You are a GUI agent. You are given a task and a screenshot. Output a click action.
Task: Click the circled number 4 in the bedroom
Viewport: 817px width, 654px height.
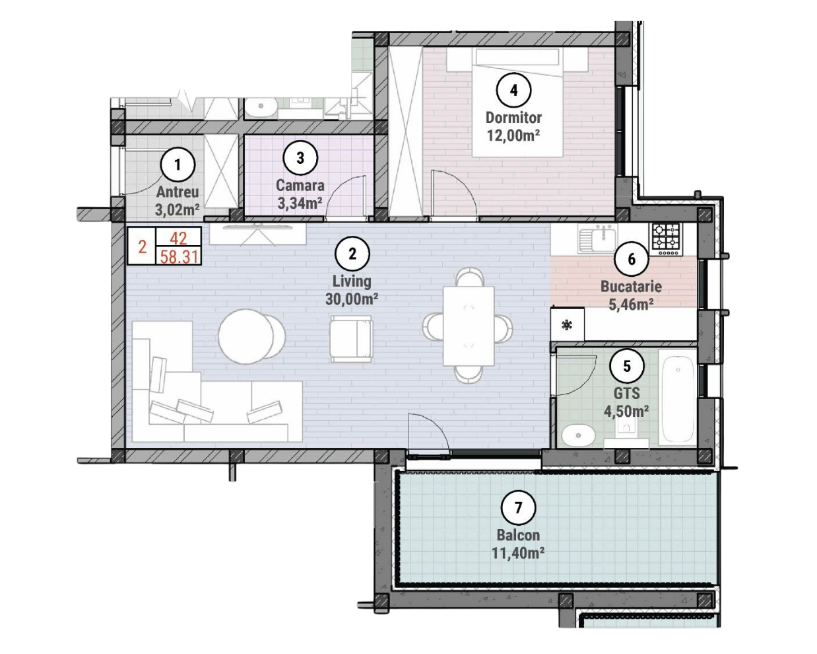(x=513, y=91)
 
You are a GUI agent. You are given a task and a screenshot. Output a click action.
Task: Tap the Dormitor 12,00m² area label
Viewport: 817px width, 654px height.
(x=513, y=127)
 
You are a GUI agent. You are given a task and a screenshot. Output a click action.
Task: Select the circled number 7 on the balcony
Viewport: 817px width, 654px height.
(x=518, y=507)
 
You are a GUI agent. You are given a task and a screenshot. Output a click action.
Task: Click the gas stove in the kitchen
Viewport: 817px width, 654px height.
(x=667, y=239)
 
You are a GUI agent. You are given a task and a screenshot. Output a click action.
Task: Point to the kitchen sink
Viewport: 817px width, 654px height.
(x=597, y=238)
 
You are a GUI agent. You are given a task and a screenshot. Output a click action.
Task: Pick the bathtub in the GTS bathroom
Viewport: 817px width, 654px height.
(x=678, y=396)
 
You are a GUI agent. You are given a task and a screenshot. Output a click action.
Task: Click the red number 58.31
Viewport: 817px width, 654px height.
(x=179, y=257)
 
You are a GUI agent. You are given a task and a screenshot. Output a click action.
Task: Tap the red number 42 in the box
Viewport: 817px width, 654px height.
(x=178, y=238)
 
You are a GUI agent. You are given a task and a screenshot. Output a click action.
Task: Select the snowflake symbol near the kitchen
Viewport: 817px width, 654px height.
(x=567, y=325)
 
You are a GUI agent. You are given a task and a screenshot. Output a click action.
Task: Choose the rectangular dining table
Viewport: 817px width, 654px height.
(x=469, y=326)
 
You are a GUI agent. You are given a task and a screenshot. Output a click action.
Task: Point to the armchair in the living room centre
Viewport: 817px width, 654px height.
(x=351, y=338)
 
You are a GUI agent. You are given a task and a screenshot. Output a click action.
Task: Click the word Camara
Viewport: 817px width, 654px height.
(x=300, y=186)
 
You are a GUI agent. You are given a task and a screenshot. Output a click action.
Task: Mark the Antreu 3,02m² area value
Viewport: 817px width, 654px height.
(x=178, y=209)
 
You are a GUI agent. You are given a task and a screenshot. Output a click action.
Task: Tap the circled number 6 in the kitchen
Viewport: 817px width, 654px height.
(x=632, y=259)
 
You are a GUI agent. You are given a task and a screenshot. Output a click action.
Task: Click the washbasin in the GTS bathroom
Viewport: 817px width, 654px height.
(x=578, y=435)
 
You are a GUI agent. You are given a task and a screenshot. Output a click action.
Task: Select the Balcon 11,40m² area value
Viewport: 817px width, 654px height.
(x=518, y=554)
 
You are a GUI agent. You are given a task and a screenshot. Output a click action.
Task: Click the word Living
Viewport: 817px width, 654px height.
(x=352, y=281)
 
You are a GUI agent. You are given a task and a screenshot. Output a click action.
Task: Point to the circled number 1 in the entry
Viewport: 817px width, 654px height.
(x=178, y=164)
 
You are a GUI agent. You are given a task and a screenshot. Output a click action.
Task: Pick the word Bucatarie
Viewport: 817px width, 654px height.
(x=631, y=287)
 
